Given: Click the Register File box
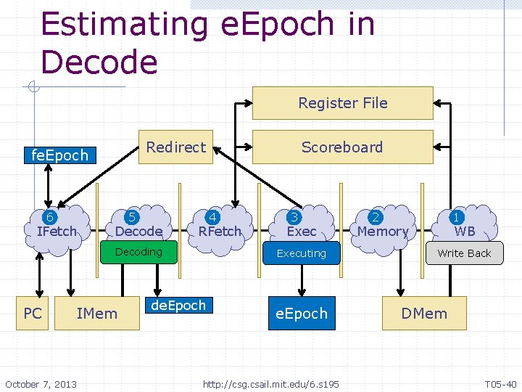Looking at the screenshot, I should point(342,103).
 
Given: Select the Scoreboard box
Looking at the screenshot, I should point(342,147).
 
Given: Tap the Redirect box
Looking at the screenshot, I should point(176,147).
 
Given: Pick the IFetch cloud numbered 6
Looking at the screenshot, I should point(56,224).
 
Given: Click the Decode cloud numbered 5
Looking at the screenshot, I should point(138,224).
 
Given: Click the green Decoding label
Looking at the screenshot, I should point(138,252).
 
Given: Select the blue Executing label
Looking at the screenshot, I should point(301,253).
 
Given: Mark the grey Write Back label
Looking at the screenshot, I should point(464,253).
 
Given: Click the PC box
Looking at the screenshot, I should point(33,313).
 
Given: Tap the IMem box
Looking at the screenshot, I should point(96,313).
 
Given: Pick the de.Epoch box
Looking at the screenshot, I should point(178,306).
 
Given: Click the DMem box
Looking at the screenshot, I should point(424,313).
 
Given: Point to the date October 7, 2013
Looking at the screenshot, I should point(41,383).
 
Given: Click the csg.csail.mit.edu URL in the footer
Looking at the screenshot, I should point(270,383).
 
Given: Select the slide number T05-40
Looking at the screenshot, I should point(500,383).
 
